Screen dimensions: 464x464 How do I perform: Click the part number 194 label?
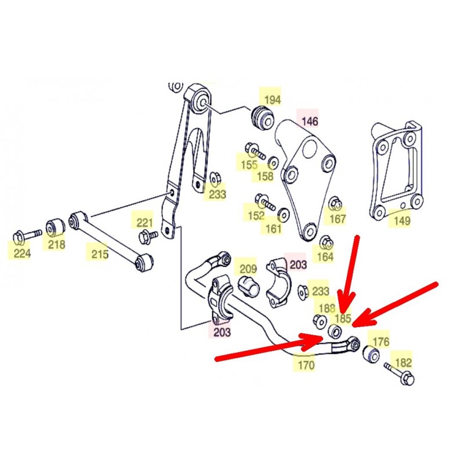coord(272,100)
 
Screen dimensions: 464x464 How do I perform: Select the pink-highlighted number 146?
coord(309,121)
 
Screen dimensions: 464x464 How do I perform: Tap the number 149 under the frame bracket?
coord(402,220)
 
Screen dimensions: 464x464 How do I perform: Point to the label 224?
coord(22,253)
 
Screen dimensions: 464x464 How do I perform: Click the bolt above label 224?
coord(27,236)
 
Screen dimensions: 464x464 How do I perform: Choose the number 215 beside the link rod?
coord(100,254)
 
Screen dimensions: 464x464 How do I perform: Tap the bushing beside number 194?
coord(263,118)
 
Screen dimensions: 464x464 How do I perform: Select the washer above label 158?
coord(273,162)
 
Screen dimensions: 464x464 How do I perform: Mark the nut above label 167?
coord(335,202)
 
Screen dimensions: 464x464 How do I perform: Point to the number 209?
coord(248,269)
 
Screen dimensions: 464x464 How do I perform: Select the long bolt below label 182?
coord(398,373)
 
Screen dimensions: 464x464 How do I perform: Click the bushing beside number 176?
coord(371,354)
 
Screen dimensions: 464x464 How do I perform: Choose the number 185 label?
coord(342,318)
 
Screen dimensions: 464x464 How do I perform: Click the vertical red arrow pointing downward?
coord(350,274)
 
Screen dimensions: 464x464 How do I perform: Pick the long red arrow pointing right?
coord(268,346)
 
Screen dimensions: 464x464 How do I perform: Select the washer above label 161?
coord(284,215)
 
